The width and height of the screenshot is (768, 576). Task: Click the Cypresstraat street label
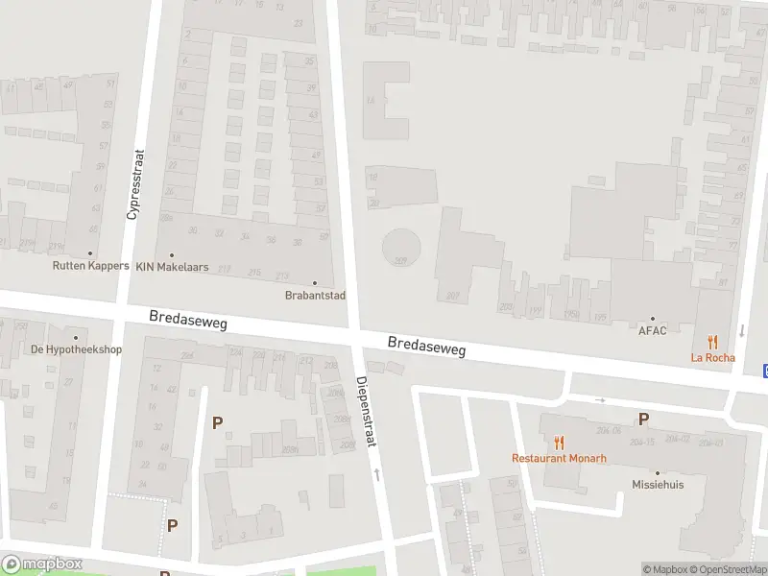134,184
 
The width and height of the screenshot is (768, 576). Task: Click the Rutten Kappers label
91,266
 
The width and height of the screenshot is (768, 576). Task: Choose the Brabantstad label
315,296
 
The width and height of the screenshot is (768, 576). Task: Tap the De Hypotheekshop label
77,349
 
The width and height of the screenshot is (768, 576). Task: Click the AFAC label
652,331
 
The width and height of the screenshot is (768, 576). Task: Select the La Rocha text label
712,358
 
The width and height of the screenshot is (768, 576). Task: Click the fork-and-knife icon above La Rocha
712,342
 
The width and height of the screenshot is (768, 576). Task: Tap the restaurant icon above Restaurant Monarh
559,442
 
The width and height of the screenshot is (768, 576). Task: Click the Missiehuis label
658,485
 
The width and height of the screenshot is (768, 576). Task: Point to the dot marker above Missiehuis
658,472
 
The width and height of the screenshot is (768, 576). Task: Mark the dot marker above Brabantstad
314,282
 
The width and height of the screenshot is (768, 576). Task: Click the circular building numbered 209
400,247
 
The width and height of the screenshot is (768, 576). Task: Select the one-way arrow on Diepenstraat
376,473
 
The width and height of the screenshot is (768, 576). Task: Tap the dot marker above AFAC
652,319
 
